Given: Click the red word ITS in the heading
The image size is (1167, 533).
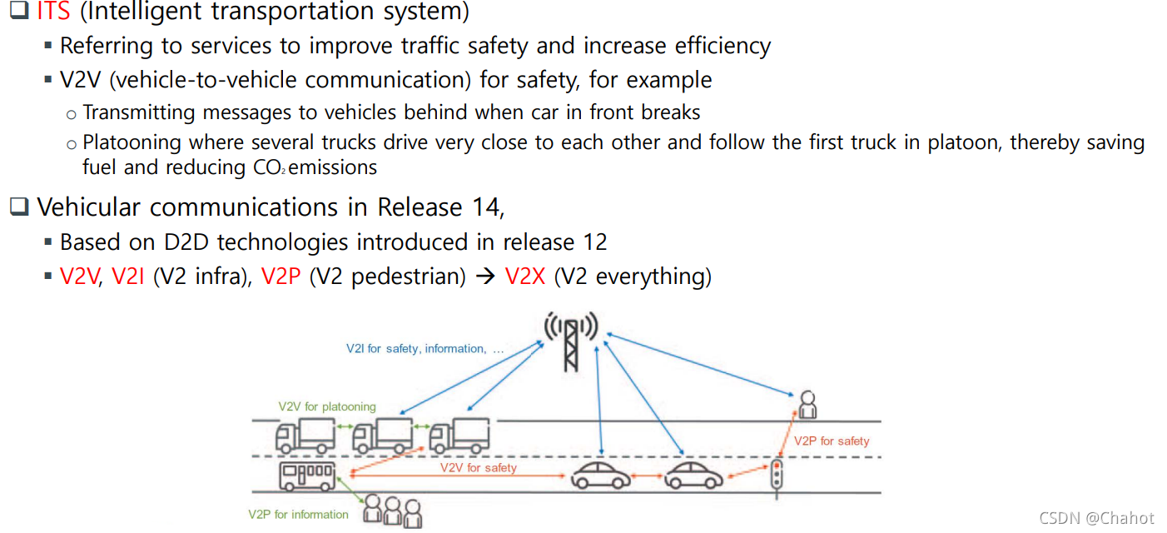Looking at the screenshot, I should (x=53, y=12).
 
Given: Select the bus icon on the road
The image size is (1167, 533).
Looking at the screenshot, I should (x=308, y=476).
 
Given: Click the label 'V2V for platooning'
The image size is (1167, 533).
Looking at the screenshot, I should (x=327, y=406).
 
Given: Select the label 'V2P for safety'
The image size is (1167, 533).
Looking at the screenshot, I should (x=831, y=441).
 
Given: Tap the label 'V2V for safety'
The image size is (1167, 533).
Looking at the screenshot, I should (x=478, y=467).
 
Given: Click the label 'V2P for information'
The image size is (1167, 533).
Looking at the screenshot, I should (x=298, y=514).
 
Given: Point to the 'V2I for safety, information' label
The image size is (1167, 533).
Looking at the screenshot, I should (x=425, y=348).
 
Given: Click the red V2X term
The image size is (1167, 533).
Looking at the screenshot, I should (x=525, y=276).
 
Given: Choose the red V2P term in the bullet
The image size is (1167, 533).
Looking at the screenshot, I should (x=281, y=276).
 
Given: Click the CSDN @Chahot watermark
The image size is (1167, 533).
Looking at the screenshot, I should (x=1095, y=518).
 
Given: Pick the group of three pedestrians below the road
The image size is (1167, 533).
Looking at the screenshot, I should (x=393, y=511).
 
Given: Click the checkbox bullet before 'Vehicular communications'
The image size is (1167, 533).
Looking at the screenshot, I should (x=19, y=207).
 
